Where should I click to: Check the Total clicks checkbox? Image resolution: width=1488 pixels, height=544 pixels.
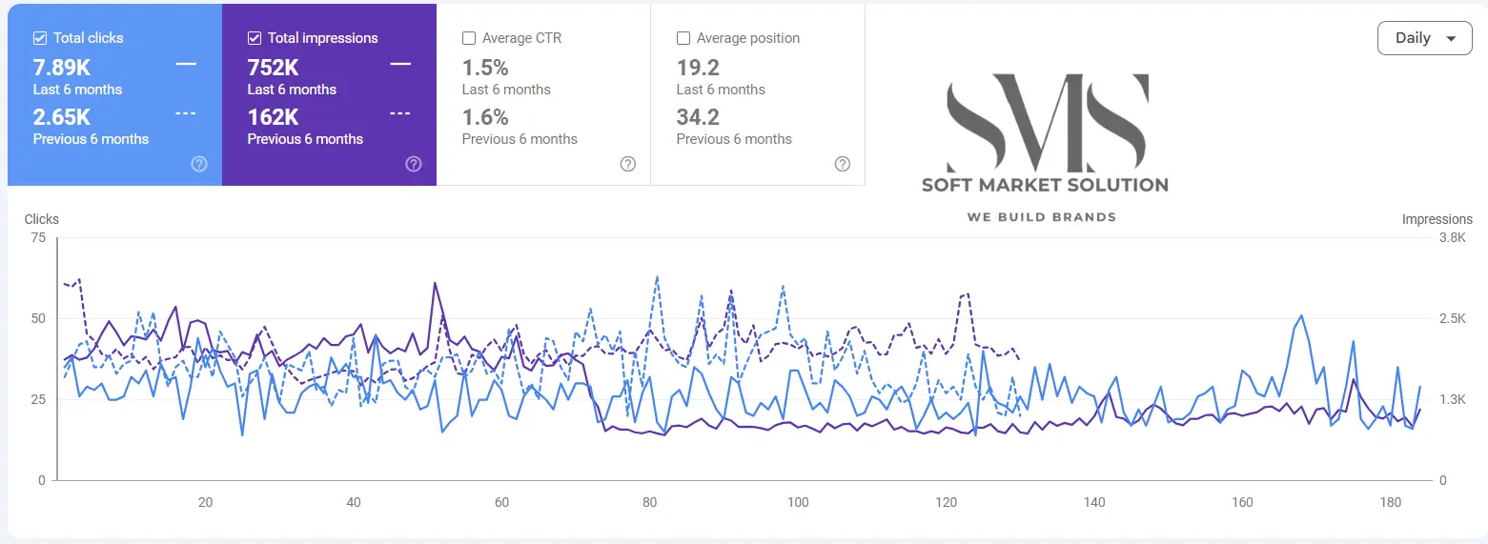40,38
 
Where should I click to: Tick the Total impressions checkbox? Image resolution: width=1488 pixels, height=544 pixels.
255,38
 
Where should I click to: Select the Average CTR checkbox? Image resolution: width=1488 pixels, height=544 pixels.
469,38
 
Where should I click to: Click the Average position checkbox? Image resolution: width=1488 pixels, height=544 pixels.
683,38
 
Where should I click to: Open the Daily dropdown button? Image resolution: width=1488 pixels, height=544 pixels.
1424,38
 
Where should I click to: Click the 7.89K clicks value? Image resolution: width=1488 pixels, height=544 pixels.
62,68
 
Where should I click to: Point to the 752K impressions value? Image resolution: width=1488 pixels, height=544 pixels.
274,68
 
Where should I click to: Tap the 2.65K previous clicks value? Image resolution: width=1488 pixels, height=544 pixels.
62,117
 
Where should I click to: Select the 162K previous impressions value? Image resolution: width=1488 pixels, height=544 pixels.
274,117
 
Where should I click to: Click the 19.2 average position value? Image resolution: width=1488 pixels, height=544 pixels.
698,68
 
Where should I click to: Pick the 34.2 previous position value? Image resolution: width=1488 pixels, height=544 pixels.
698,117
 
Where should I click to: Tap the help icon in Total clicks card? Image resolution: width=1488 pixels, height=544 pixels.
199,164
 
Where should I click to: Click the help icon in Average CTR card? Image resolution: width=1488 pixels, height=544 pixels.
628,164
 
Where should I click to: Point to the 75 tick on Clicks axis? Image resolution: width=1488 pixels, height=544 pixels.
38,238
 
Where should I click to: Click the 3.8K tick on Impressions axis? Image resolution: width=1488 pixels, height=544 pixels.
1452,238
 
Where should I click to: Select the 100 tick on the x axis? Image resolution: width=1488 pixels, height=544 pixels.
798,502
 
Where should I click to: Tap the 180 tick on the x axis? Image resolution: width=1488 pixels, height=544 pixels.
1390,502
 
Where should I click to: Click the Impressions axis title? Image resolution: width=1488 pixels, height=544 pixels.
1437,219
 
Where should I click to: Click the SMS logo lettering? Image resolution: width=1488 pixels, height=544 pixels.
1046,121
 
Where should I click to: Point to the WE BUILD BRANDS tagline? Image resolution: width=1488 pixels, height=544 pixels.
1041,217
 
